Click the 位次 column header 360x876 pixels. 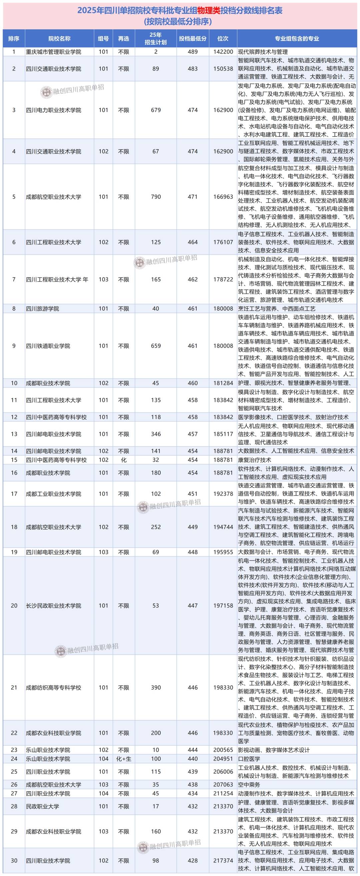coord(223,39)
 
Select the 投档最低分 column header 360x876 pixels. coord(193,39)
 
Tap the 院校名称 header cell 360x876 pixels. coord(59,39)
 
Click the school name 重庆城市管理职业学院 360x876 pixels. coord(54,52)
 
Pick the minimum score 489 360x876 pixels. coord(193,52)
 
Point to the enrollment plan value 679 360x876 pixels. coord(156,110)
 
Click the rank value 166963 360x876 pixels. coord(223,197)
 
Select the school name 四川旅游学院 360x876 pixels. coord(42,309)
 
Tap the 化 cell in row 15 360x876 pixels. coord(124,460)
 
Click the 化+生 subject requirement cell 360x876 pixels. coord(124,759)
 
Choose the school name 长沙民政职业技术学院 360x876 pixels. coord(54,606)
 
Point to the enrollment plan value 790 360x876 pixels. coord(156,197)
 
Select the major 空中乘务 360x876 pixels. coord(249,785)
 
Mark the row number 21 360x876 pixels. coord(14,688)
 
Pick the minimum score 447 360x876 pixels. coord(193,606)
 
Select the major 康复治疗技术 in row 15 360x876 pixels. coord(254,460)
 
